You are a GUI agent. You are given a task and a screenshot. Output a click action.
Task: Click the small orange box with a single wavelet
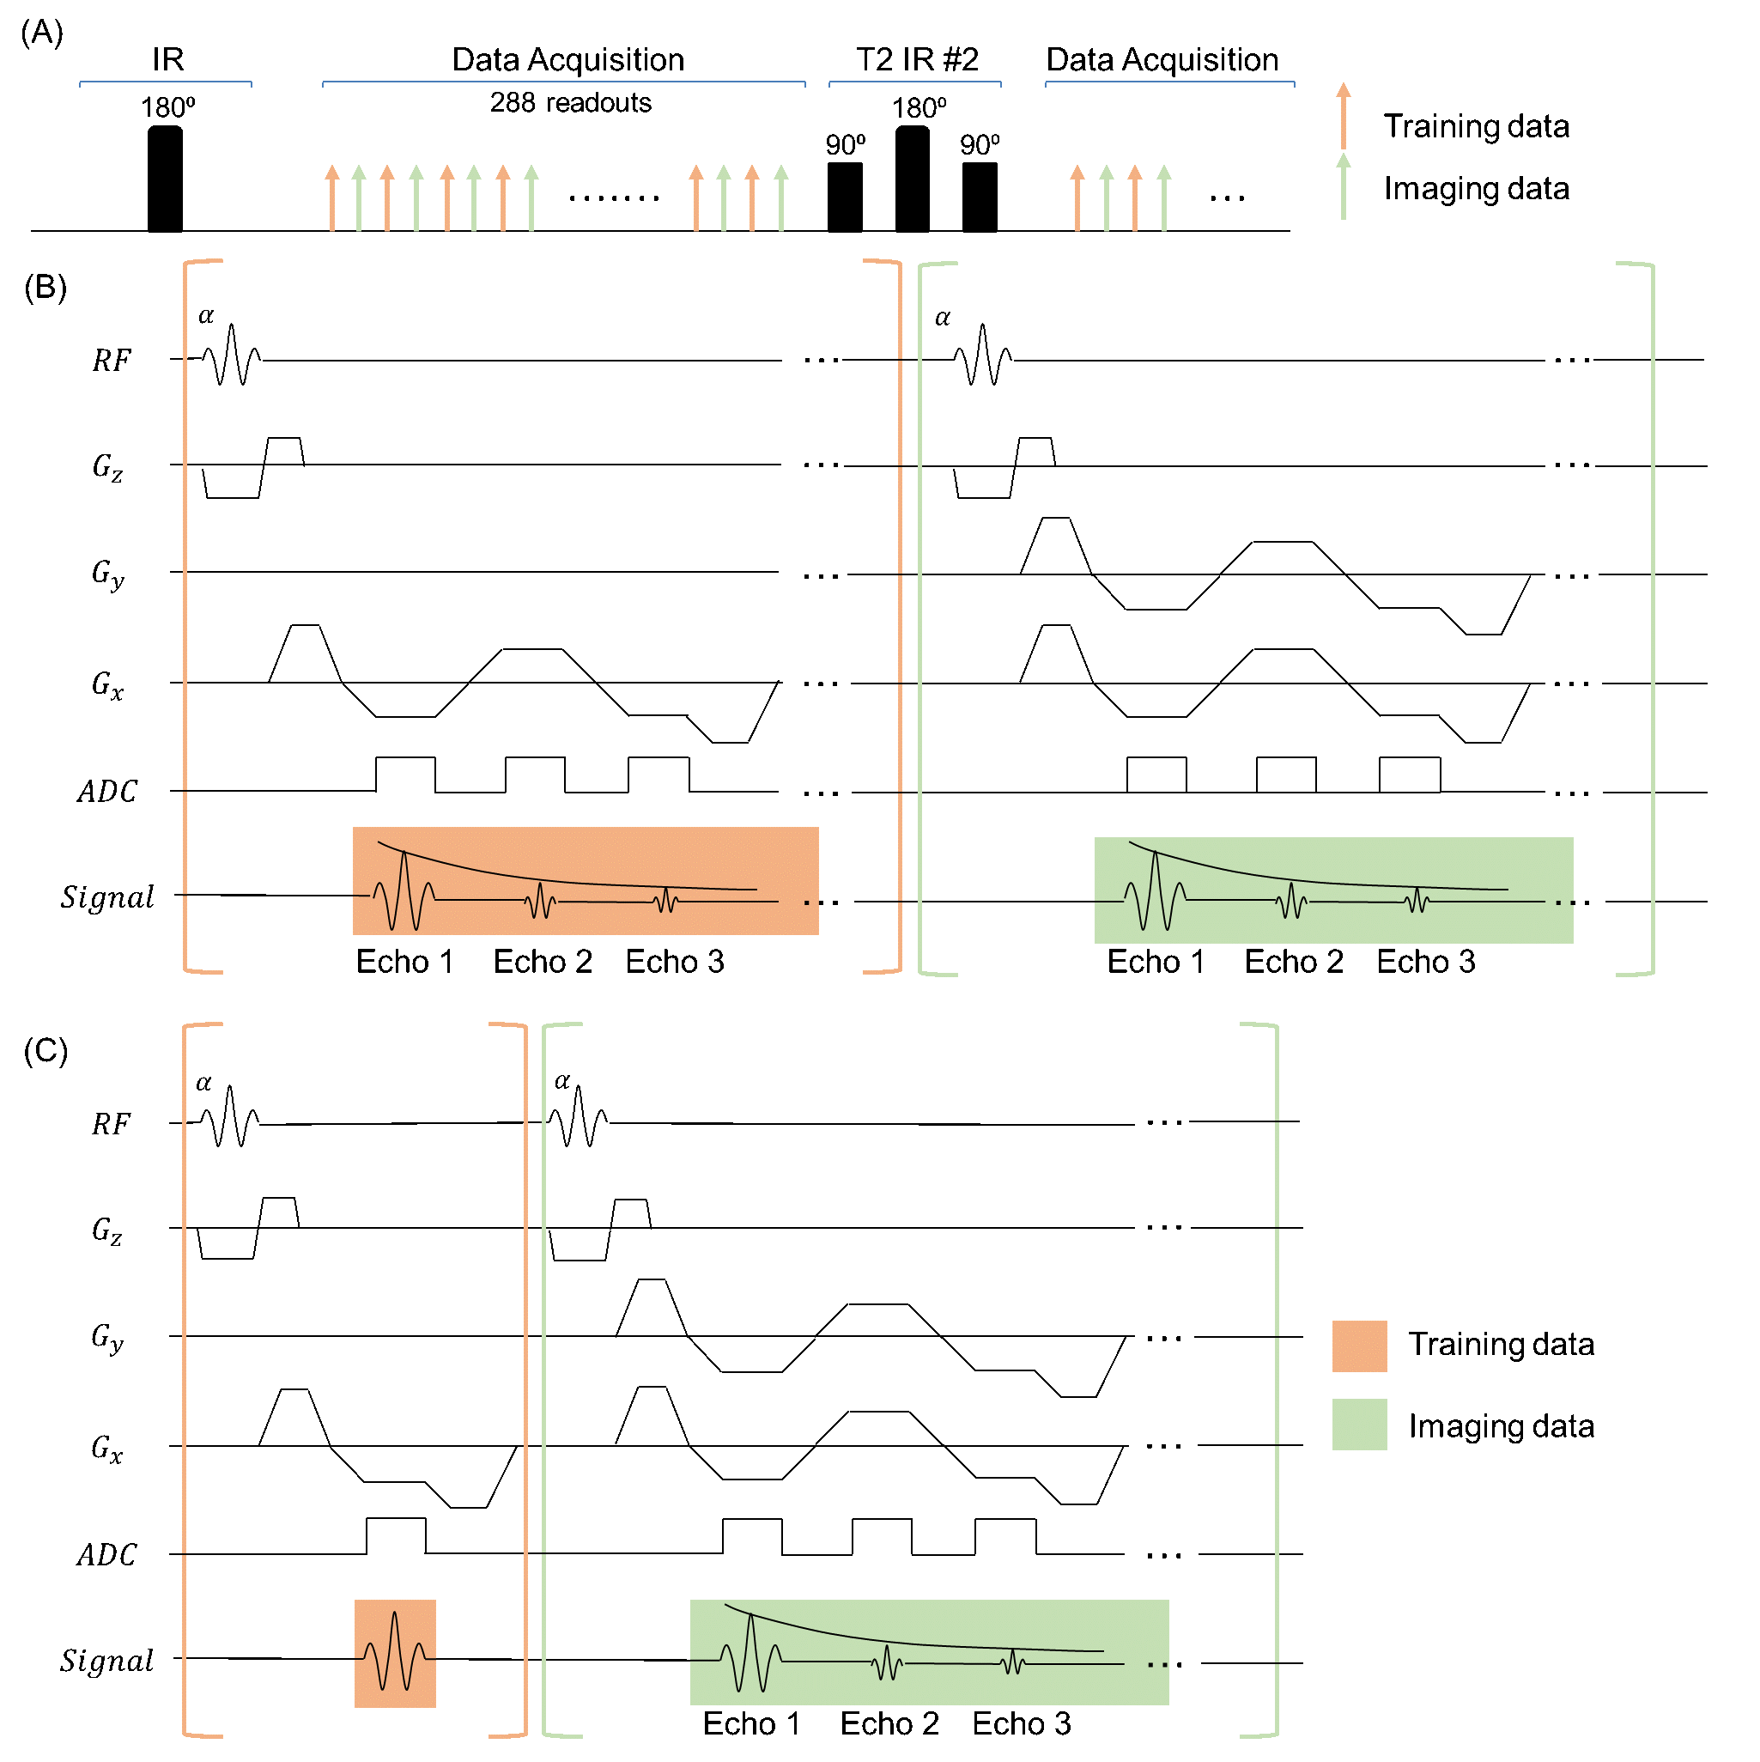tap(395, 1654)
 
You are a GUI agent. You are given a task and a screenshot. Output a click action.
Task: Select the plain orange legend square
tap(1359, 1346)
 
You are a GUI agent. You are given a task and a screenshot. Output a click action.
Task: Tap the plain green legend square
tap(1359, 1425)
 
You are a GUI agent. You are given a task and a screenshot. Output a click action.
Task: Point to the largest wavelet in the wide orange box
tap(404, 892)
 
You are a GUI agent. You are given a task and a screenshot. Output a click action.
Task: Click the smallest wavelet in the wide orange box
tap(666, 901)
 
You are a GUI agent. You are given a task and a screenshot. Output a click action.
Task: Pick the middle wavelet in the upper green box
tap(1291, 901)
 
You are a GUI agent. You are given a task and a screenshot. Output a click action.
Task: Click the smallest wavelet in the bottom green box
tap(1012, 1662)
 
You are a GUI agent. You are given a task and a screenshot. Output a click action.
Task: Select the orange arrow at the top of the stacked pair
tap(1344, 116)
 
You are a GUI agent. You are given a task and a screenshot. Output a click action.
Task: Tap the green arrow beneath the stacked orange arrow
tap(1344, 187)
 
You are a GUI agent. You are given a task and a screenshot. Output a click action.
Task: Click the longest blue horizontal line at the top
tap(563, 82)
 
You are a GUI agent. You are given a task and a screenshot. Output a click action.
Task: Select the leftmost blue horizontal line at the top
tap(165, 82)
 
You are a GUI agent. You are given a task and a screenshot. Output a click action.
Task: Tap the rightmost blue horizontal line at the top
tap(1170, 82)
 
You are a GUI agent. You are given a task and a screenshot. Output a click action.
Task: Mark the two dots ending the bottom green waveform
tap(1157, 1665)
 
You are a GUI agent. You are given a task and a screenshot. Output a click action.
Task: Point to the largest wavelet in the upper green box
tap(1155, 892)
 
